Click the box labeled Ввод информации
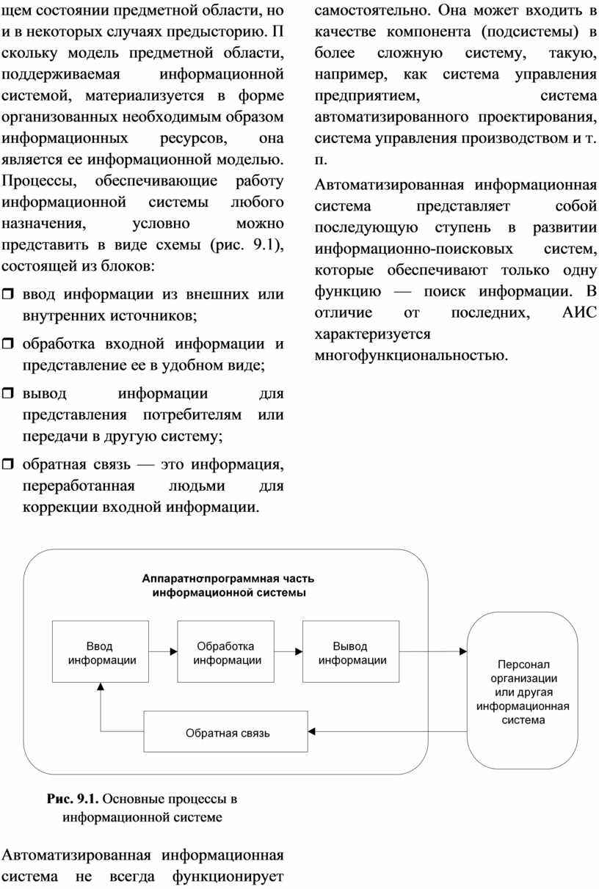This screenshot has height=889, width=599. click(x=101, y=651)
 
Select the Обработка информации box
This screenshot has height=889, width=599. click(x=225, y=651)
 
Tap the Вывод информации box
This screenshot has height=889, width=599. click(x=351, y=651)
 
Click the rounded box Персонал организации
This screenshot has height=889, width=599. click(x=523, y=691)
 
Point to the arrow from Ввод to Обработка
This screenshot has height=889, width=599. click(x=163, y=651)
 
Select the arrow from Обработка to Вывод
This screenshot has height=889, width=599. click(x=288, y=651)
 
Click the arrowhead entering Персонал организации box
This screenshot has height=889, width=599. click(x=463, y=651)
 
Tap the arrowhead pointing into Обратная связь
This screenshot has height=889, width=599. click(x=312, y=731)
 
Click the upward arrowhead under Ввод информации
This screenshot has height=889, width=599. click(x=101, y=687)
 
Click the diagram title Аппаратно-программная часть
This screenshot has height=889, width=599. click(x=228, y=578)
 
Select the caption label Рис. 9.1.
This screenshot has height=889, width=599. click(x=73, y=799)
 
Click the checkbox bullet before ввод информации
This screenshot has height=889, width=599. click(x=8, y=294)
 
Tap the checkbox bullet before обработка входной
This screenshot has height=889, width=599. click(x=8, y=343)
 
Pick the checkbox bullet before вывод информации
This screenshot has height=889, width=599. click(x=8, y=393)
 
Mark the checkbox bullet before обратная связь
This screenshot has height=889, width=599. click(x=8, y=464)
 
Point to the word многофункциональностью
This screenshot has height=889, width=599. click(x=411, y=355)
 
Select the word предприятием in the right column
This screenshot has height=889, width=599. click(x=367, y=96)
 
